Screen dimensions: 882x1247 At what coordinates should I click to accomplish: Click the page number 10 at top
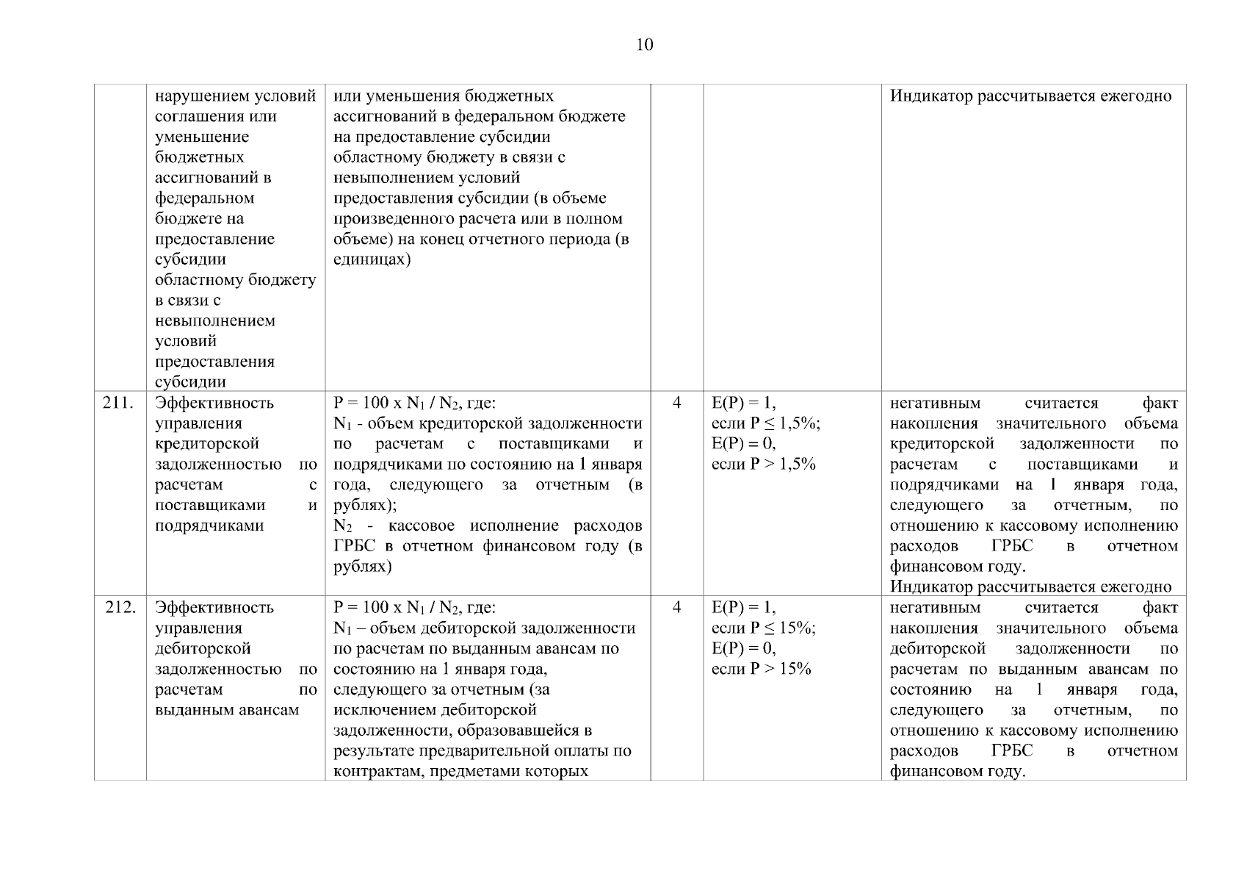643,46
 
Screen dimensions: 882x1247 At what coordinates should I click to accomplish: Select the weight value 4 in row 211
676,403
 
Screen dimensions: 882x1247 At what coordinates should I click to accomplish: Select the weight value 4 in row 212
676,607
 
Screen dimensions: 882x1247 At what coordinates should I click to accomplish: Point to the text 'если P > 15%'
762,669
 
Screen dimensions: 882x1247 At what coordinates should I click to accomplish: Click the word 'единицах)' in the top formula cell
372,259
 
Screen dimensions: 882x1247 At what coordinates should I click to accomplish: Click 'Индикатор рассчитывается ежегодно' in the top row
1030,96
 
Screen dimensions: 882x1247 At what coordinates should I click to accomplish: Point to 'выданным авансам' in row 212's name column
228,710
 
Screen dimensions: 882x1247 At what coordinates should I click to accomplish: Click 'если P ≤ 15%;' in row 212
764,628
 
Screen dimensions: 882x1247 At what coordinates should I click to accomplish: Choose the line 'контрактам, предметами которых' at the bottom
460,772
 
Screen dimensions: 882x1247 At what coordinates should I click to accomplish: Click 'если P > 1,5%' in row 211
764,465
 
